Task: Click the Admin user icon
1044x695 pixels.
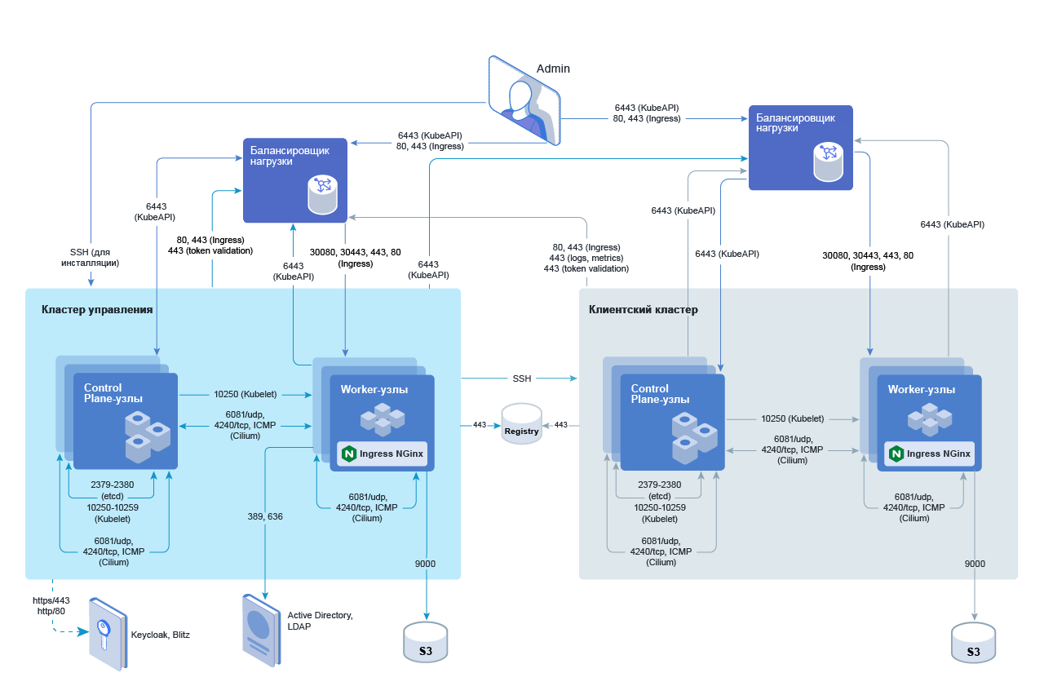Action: (x=524, y=100)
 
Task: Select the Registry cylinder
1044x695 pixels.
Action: (x=522, y=424)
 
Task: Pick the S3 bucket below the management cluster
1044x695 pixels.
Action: (x=426, y=642)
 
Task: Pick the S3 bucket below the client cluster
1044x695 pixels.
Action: (x=974, y=643)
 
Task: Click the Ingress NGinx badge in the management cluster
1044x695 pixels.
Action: (x=383, y=454)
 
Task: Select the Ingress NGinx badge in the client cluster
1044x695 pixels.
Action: (x=930, y=454)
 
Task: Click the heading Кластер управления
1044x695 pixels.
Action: (x=97, y=310)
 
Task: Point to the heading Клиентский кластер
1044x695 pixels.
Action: (x=644, y=310)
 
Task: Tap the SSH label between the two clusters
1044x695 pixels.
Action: (x=521, y=378)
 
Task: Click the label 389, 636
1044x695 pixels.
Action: (x=265, y=516)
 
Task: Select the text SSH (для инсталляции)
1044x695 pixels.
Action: (x=90, y=257)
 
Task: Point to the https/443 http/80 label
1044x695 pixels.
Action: (x=51, y=605)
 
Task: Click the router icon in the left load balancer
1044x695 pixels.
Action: (x=322, y=194)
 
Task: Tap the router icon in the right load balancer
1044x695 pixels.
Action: (x=829, y=162)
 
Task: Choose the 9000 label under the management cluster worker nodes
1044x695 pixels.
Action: (x=425, y=564)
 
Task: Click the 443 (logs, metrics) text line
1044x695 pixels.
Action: (x=586, y=258)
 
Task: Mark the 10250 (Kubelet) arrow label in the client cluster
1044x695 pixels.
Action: (x=792, y=418)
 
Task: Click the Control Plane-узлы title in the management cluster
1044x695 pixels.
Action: (x=113, y=393)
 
